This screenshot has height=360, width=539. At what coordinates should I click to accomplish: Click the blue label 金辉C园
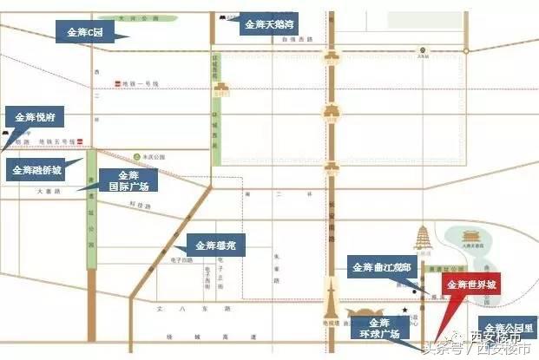85,33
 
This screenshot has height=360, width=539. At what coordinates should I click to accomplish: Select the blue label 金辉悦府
34,116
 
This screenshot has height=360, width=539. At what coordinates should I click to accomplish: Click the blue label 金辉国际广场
128,180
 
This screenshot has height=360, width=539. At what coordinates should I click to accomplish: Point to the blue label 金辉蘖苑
216,246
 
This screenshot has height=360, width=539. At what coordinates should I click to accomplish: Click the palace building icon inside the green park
470,238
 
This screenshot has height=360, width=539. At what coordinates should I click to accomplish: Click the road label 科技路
140,206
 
